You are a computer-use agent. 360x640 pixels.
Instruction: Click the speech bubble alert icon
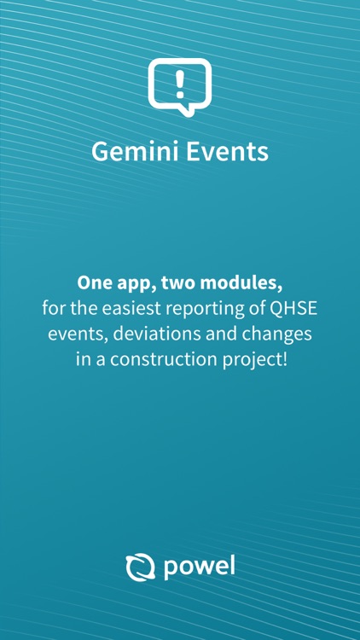[x=179, y=85]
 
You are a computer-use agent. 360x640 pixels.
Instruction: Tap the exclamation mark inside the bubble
[x=179, y=83]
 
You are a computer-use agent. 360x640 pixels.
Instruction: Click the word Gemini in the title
[x=131, y=152]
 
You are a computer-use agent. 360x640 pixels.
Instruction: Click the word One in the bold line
[x=93, y=282]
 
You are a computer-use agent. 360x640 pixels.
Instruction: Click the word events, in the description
[x=76, y=333]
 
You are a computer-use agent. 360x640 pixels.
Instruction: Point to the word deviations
[x=153, y=333]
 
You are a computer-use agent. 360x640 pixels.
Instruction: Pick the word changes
[x=274, y=333]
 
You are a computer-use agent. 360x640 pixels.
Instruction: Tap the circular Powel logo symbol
[x=137, y=567]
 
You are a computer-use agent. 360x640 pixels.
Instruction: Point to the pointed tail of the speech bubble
[x=161, y=111]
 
